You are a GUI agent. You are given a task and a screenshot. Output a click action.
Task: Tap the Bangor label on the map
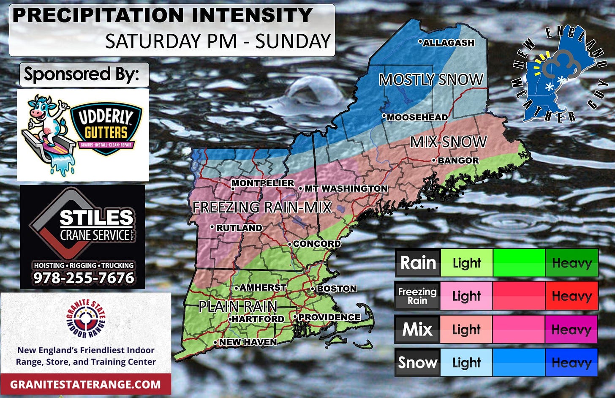tap(458, 161)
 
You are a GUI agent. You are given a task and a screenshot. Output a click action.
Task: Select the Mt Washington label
tap(346, 188)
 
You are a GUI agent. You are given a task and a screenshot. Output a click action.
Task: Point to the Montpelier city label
tap(263, 183)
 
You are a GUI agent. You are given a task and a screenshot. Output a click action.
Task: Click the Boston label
tap(337, 289)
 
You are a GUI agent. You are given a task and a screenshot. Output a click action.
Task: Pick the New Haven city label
tap(248, 342)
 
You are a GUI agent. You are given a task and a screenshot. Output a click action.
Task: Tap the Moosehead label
tap(417, 117)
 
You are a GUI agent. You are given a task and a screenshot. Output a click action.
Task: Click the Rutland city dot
tap(212, 227)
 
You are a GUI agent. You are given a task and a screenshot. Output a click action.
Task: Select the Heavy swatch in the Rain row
tap(571, 263)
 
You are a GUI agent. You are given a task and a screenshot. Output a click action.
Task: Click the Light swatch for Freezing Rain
tap(466, 296)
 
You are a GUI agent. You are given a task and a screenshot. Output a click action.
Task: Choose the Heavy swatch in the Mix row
tap(571, 329)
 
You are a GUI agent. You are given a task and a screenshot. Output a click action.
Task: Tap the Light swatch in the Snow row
tap(466, 363)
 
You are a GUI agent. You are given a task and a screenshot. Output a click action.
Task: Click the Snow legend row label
tap(417, 363)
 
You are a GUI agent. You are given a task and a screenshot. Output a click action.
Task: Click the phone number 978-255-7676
tap(84, 278)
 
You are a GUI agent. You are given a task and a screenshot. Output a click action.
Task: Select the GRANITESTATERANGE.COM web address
tap(85, 384)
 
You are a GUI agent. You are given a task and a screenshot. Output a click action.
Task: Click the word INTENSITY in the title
tap(252, 16)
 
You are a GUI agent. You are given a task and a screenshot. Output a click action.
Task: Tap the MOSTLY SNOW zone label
tap(431, 80)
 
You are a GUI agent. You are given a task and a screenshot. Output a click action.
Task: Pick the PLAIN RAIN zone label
tap(238, 306)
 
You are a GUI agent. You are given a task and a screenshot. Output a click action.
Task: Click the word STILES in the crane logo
tap(96, 217)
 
